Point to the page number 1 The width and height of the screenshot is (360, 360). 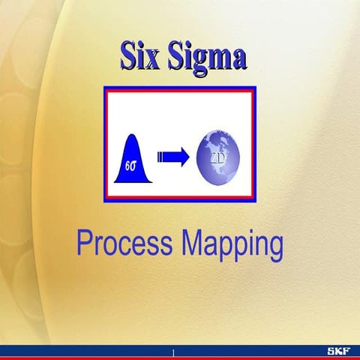point(173,352)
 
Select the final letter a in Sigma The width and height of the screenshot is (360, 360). point(238,59)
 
